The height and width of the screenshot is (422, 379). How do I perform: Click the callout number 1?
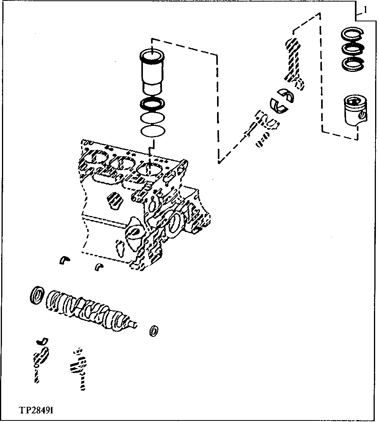365,8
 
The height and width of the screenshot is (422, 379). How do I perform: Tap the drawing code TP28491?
37,410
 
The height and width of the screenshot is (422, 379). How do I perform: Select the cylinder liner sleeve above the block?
152,72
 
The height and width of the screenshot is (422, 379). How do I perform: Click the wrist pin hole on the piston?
362,115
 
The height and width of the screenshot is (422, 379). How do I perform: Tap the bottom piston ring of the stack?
352,63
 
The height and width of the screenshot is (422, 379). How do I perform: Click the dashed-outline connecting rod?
293,62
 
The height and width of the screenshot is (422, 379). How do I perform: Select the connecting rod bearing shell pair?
282,99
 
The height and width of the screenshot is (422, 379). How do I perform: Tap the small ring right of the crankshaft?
154,330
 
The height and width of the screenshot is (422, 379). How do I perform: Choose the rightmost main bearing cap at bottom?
79,367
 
